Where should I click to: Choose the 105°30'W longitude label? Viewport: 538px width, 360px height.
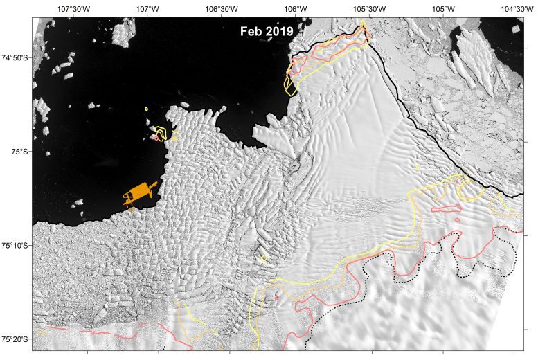coord(369,9)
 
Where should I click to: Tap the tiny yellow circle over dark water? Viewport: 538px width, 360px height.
coord(147,109)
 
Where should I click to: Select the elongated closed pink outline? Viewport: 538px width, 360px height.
coord(446,207)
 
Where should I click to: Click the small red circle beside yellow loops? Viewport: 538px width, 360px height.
coord(158,137)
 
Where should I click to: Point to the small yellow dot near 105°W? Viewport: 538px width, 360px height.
coord(417,167)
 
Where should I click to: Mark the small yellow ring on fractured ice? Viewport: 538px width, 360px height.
coord(264,259)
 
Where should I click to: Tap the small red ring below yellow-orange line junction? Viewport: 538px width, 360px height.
coord(277,298)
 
